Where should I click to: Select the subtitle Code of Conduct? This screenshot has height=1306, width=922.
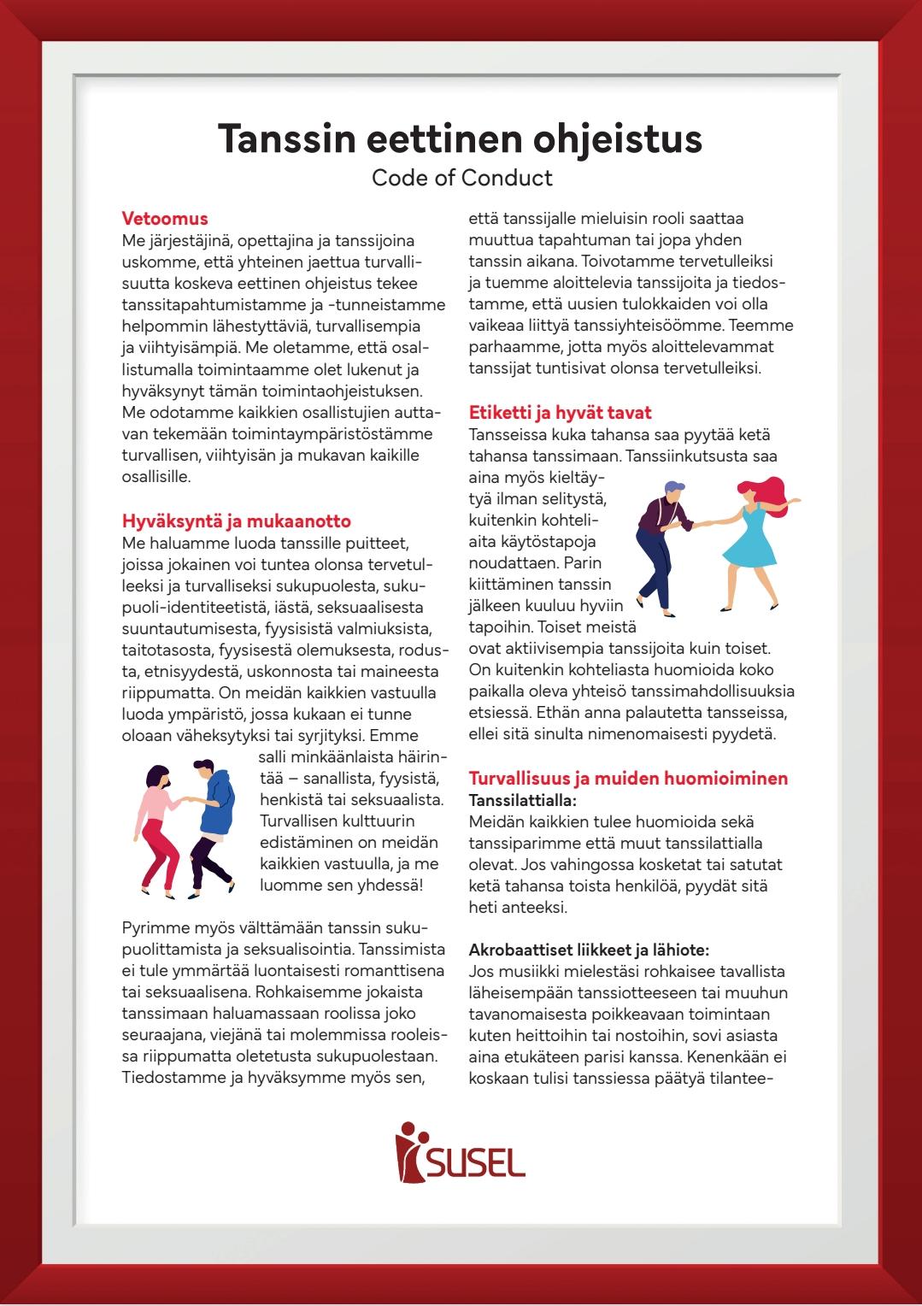tap(461, 178)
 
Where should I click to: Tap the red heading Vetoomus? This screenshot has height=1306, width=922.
tap(165, 219)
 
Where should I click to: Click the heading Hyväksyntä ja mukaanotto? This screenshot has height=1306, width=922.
tap(236, 521)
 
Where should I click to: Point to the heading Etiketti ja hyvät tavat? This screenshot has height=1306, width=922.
tap(560, 413)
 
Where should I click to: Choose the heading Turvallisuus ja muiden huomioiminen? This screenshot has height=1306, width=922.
tap(628, 779)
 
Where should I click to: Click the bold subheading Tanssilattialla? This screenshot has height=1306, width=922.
tap(522, 801)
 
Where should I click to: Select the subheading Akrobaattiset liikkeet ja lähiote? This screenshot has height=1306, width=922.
tap(589, 950)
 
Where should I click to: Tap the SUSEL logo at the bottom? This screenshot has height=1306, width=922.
tap(461, 1154)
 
